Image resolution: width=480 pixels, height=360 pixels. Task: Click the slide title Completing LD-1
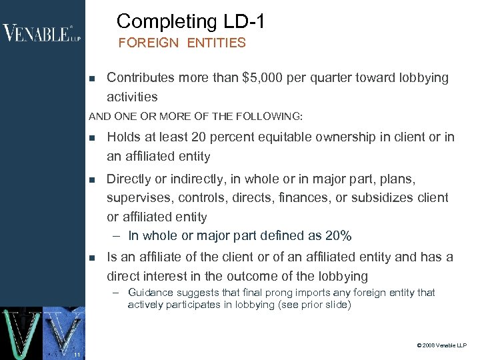pyautogui.click(x=191, y=21)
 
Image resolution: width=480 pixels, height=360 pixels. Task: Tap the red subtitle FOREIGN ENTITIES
pyautogui.click(x=182, y=43)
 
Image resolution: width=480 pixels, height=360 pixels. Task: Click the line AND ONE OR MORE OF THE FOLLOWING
pyautogui.click(x=195, y=116)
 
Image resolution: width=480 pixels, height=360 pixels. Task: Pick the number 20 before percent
pyautogui.click(x=197, y=137)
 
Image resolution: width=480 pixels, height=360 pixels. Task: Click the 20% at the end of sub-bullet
pyautogui.click(x=338, y=236)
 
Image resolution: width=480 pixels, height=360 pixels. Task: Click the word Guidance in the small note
pyautogui.click(x=151, y=293)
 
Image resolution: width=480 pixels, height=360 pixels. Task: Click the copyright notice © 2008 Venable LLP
pyautogui.click(x=441, y=346)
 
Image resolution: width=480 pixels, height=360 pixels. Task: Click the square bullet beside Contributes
pyautogui.click(x=92, y=79)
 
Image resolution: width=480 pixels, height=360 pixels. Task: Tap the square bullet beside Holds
pyautogui.click(x=92, y=138)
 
